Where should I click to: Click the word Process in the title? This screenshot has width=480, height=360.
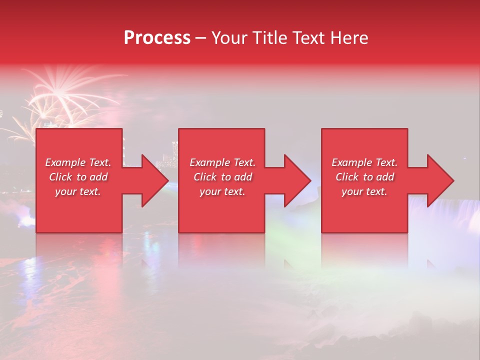(157, 38)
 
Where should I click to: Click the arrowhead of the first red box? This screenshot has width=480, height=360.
(155, 180)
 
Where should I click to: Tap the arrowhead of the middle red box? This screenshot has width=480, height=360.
(297, 180)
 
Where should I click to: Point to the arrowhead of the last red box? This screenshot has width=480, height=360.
(440, 180)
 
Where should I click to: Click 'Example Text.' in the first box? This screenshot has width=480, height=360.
(78, 162)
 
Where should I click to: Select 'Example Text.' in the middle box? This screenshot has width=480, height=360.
(222, 162)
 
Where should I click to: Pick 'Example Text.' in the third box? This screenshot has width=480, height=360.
(364, 162)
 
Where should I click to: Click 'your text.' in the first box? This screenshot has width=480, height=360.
(78, 191)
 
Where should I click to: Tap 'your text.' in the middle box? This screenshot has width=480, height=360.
(222, 191)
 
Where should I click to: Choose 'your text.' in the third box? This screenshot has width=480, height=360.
(364, 191)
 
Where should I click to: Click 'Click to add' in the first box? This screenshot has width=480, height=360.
(78, 177)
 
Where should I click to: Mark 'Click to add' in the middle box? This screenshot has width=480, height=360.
(222, 177)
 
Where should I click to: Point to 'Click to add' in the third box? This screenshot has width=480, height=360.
(364, 177)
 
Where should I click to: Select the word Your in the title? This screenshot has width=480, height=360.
(228, 38)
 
